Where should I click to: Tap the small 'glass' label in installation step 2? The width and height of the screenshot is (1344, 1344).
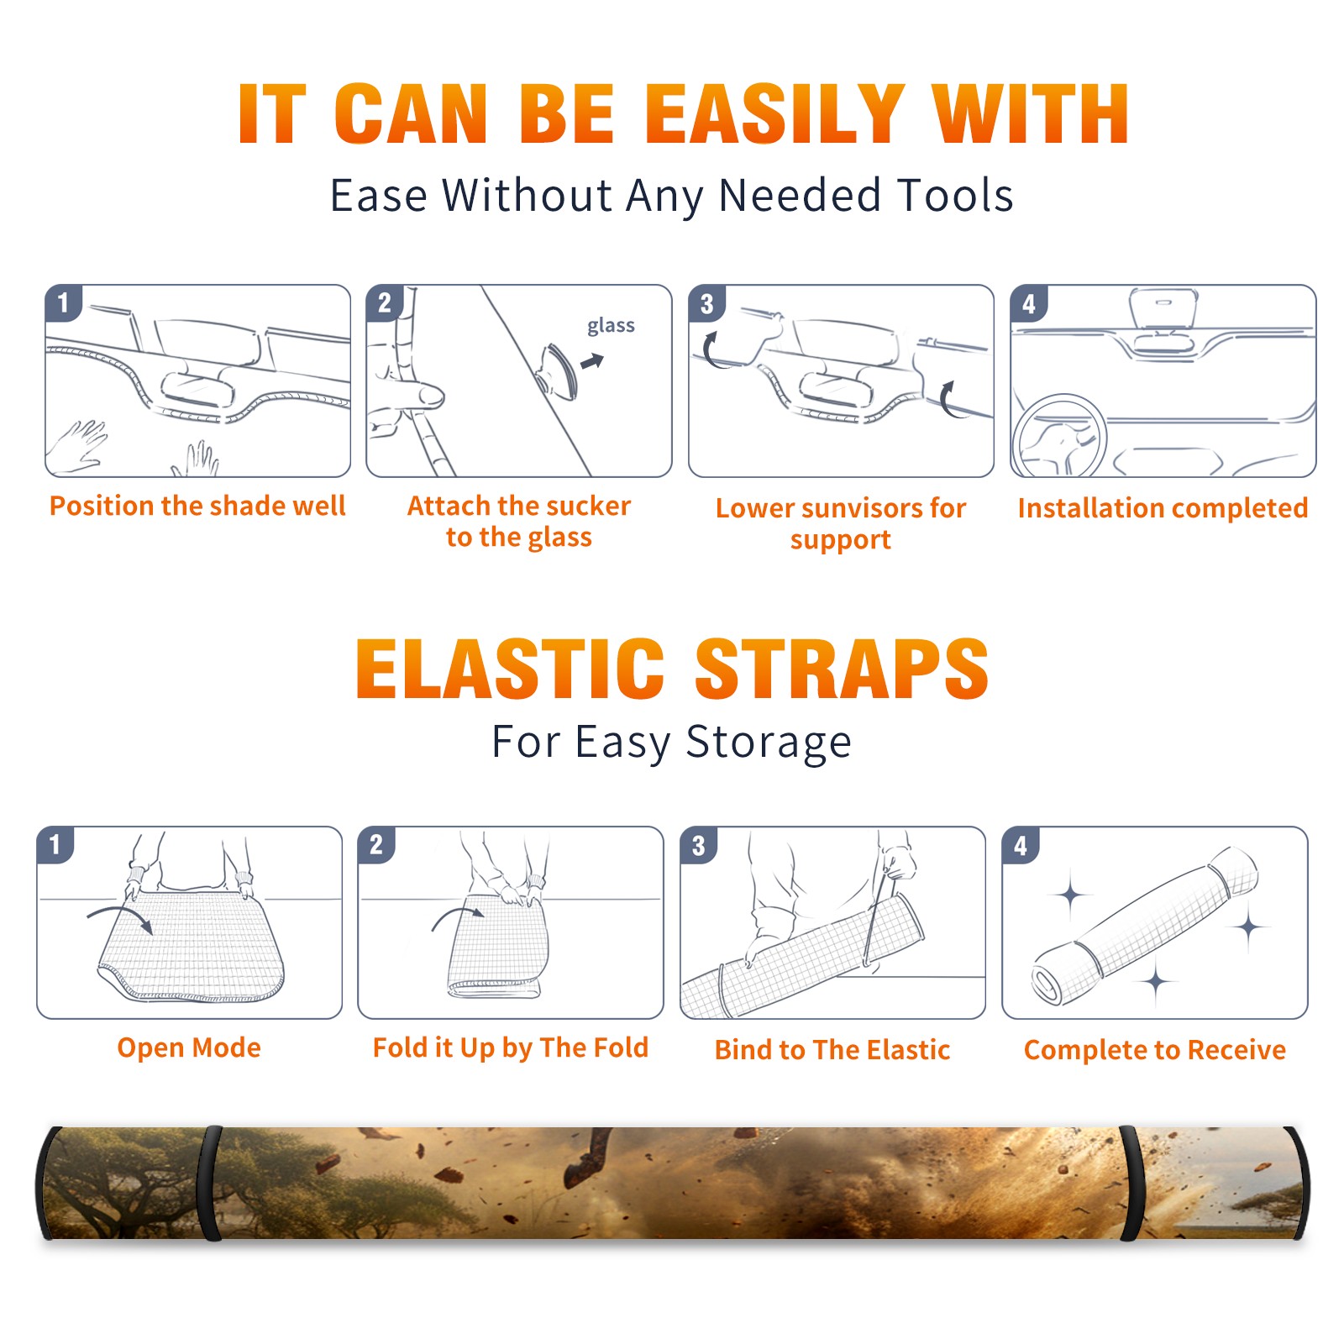point(611,326)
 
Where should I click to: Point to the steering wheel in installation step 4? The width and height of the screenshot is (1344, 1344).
point(1059,437)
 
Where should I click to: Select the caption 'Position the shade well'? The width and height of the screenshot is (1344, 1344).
point(197,506)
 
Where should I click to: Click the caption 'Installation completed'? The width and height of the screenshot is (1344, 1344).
point(1163,507)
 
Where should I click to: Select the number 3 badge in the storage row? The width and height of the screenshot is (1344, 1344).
point(698,845)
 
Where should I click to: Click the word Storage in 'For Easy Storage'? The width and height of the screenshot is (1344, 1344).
point(769,743)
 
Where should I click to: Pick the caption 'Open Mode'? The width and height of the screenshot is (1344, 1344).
point(189,1047)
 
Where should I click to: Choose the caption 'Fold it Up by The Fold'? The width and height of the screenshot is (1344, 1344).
point(511,1047)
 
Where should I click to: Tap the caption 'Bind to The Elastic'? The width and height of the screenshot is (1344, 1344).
point(832,1050)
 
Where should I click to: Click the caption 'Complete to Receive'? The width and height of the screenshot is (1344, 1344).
point(1155,1050)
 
